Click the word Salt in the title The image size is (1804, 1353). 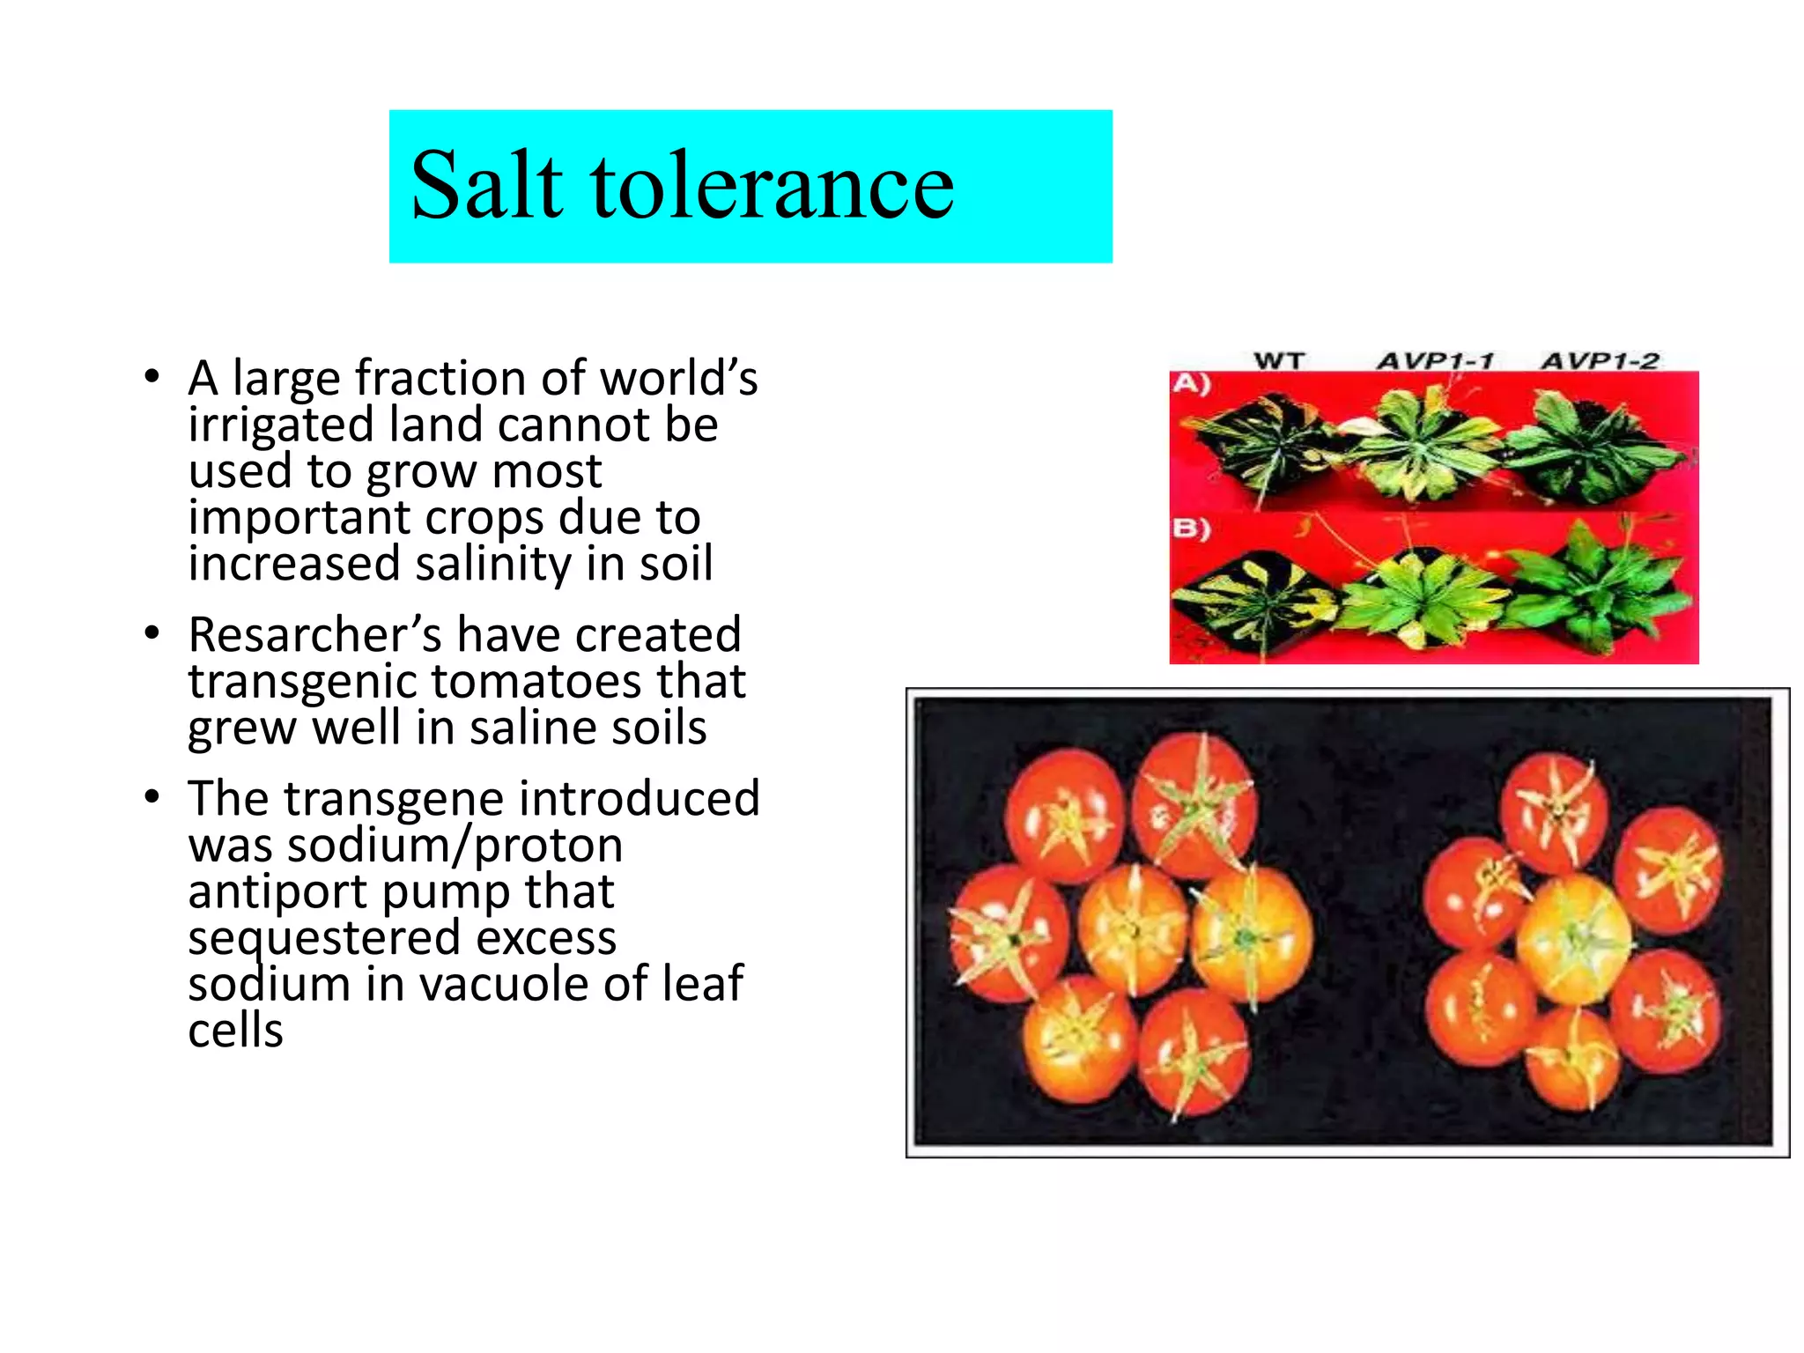click(x=487, y=186)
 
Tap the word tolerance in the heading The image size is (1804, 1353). click(x=773, y=186)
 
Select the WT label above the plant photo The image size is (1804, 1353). click(x=1278, y=360)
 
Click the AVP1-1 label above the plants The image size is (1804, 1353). click(x=1435, y=360)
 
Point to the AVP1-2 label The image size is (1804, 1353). click(x=1600, y=360)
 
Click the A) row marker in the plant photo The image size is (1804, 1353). click(x=1191, y=384)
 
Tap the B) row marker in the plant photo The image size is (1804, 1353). click(x=1191, y=529)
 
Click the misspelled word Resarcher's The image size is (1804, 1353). click(x=314, y=634)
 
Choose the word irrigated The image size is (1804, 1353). click(x=281, y=425)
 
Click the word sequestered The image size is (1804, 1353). click(x=324, y=937)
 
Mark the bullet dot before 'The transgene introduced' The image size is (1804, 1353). click(x=152, y=797)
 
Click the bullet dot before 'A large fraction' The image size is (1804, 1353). click(x=152, y=377)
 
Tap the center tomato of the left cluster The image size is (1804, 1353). click(x=1134, y=927)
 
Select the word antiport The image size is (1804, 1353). click(x=277, y=891)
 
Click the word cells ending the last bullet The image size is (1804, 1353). click(x=235, y=1031)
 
